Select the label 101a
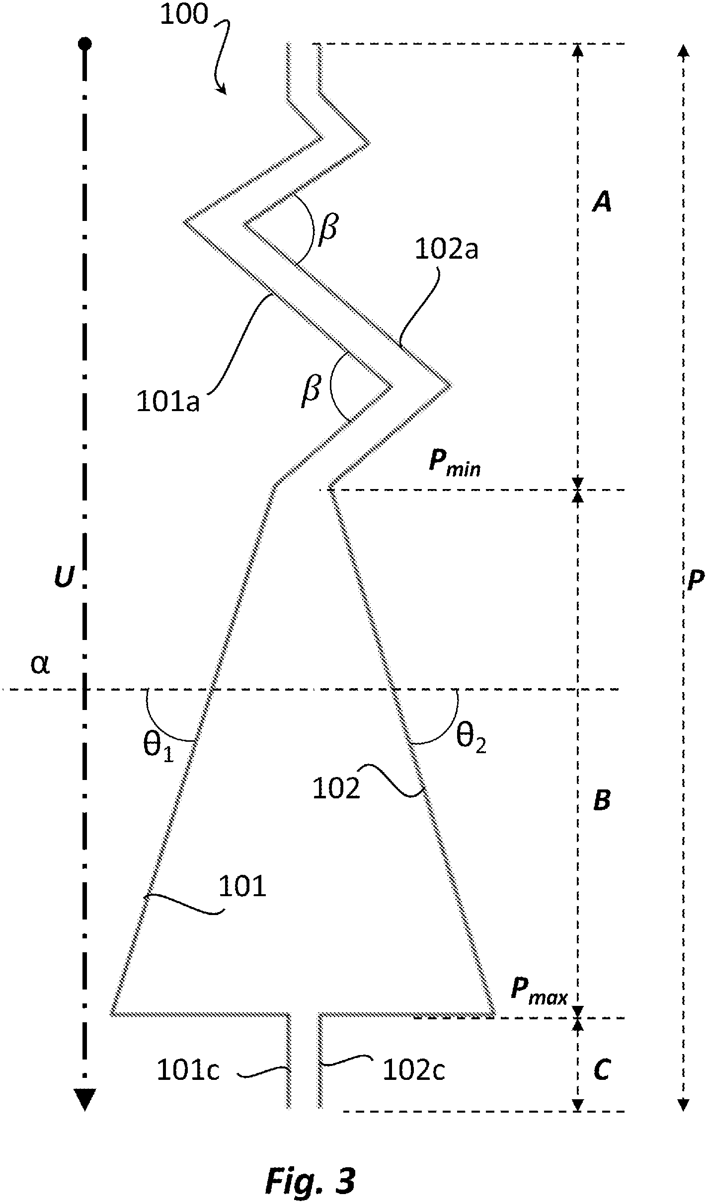(168, 402)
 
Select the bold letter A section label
(602, 203)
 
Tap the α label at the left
(40, 665)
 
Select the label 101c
(188, 1070)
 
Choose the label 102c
(414, 1070)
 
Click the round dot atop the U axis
(85, 44)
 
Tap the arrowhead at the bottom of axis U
(85, 1098)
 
